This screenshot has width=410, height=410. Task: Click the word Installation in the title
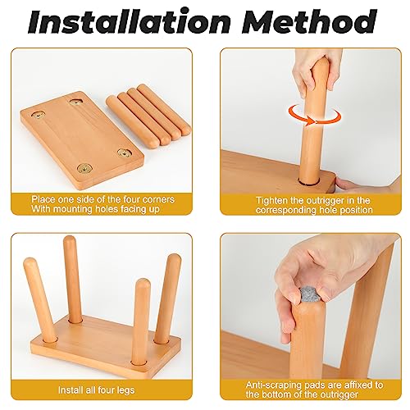(x=129, y=21)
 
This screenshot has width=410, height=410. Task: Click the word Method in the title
(x=309, y=21)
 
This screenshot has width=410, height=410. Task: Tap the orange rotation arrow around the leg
(x=315, y=116)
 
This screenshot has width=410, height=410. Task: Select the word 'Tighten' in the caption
(x=271, y=200)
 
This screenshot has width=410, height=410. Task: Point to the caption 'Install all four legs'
(x=96, y=389)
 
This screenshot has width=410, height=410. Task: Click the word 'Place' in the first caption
(x=43, y=199)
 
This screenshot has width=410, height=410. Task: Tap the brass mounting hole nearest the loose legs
(x=75, y=102)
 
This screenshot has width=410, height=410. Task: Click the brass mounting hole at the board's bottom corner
(x=84, y=168)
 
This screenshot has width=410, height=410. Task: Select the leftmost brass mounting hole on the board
(x=39, y=115)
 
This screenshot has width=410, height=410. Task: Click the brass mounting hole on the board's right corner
(x=125, y=153)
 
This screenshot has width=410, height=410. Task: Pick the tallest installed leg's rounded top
(x=69, y=240)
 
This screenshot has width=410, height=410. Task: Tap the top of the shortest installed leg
(x=143, y=284)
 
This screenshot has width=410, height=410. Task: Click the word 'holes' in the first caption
(x=105, y=209)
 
